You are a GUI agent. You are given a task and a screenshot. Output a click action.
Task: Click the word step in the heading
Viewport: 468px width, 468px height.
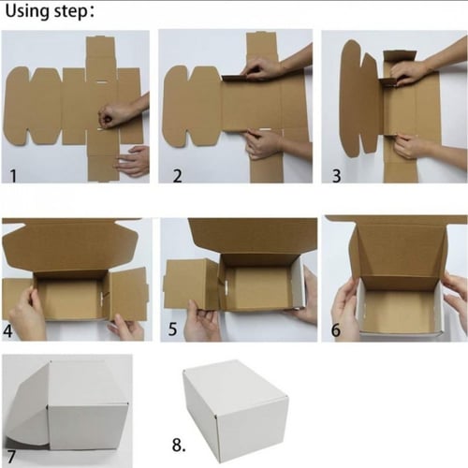pos(70,12)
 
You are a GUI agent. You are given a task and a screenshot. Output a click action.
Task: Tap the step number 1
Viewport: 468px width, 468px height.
pos(13,176)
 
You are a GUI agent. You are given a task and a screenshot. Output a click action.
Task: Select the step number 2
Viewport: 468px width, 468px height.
pos(177,176)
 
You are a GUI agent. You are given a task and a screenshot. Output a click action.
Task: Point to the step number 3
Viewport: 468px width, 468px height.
pos(336,176)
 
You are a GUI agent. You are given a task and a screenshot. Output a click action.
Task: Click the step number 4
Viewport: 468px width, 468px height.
pos(8,331)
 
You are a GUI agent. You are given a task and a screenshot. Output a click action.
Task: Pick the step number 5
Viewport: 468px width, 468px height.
pos(172,329)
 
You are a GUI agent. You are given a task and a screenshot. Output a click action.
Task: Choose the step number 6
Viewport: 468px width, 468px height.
pos(336,330)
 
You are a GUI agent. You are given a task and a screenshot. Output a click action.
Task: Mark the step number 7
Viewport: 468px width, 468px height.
pos(11,457)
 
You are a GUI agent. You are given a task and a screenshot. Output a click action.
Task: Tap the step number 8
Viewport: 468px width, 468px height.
pos(179,445)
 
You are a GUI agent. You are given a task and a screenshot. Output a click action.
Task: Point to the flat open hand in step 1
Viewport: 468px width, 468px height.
pos(133,161)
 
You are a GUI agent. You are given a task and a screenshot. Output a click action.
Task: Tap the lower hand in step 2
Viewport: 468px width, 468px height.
pos(264,143)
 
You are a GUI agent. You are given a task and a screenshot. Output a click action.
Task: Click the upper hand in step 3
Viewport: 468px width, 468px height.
pos(410,74)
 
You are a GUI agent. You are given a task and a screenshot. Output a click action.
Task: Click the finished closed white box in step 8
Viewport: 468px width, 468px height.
pos(235,411)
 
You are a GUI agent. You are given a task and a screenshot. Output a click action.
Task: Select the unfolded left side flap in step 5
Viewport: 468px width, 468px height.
pos(191,284)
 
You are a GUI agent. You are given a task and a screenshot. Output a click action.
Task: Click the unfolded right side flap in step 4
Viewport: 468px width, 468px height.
pos(128,294)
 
